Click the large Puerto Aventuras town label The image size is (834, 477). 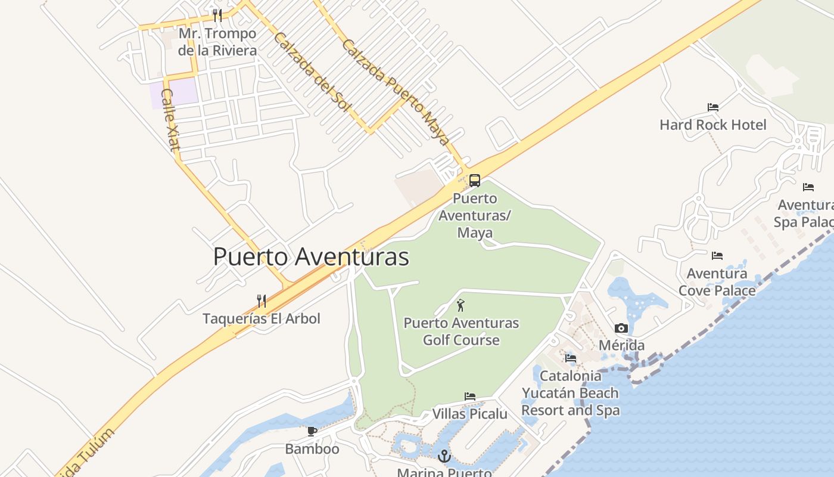click(311, 257)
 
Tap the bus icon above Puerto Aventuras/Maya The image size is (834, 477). click(474, 180)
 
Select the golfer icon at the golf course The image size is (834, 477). click(460, 306)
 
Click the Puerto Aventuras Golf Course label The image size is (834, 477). click(461, 332)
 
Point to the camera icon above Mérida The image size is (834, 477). click(621, 329)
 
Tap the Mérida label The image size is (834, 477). click(621, 345)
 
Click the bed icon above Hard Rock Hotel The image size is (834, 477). click(713, 107)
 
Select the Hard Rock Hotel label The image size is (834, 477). click(713, 125)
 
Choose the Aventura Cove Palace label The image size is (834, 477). click(717, 281)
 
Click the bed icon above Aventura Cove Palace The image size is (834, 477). click(717, 256)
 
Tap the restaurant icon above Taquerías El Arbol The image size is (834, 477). click(261, 301)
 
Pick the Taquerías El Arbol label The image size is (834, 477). click(261, 318)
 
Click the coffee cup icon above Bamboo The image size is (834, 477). click(312, 431)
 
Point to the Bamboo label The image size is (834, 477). click(312, 448)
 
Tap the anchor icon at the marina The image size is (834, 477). click(444, 457)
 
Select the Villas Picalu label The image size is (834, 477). click(469, 414)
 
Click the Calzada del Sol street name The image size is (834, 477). click(309, 71)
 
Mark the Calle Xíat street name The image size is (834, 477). click(170, 120)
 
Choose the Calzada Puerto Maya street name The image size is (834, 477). click(394, 92)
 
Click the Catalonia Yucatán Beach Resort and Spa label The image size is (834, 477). click(570, 393)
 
